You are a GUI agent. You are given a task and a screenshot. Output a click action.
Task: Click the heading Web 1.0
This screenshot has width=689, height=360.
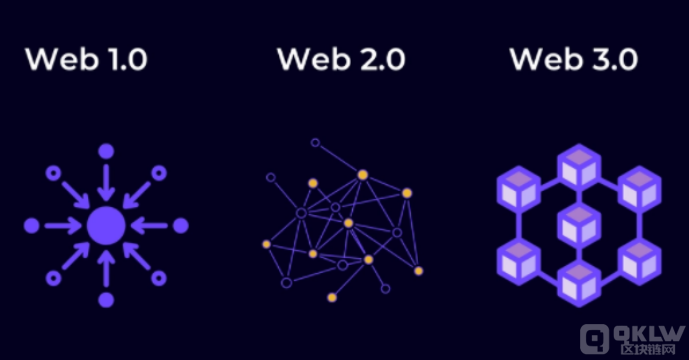pyautogui.click(x=86, y=59)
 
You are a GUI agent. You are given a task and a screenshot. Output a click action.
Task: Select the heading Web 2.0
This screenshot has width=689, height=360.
pyautogui.click(x=341, y=59)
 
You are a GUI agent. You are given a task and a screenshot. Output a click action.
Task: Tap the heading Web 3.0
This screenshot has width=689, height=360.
pyautogui.click(x=573, y=59)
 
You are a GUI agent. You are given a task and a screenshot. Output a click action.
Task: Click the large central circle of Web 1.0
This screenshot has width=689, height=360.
pyautogui.click(x=106, y=226)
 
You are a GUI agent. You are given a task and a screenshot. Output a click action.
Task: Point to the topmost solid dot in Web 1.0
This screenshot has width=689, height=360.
pyautogui.click(x=106, y=151)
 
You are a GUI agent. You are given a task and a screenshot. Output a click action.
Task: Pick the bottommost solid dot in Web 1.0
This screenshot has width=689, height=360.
pyautogui.click(x=106, y=300)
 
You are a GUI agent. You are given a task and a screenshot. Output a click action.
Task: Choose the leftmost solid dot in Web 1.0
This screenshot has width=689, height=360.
pyautogui.click(x=31, y=226)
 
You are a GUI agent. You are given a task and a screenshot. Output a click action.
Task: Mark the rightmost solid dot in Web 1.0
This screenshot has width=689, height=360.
pyautogui.click(x=181, y=226)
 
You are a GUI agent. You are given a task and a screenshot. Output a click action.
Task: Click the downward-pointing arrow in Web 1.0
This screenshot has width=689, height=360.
pyautogui.click(x=106, y=183)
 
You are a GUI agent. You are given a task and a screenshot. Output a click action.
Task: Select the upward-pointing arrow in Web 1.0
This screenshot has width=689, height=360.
pyautogui.click(x=106, y=268)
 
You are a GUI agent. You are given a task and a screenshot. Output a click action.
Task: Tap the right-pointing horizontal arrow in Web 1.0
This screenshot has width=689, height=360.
pyautogui.click(x=62, y=226)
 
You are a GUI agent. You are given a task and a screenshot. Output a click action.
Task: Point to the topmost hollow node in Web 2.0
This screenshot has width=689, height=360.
pyautogui.click(x=315, y=143)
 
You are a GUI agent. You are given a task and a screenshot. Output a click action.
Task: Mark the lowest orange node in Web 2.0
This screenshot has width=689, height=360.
pyautogui.click(x=332, y=297)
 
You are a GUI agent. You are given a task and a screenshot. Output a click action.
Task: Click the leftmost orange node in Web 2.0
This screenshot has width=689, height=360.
pyautogui.click(x=266, y=243)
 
